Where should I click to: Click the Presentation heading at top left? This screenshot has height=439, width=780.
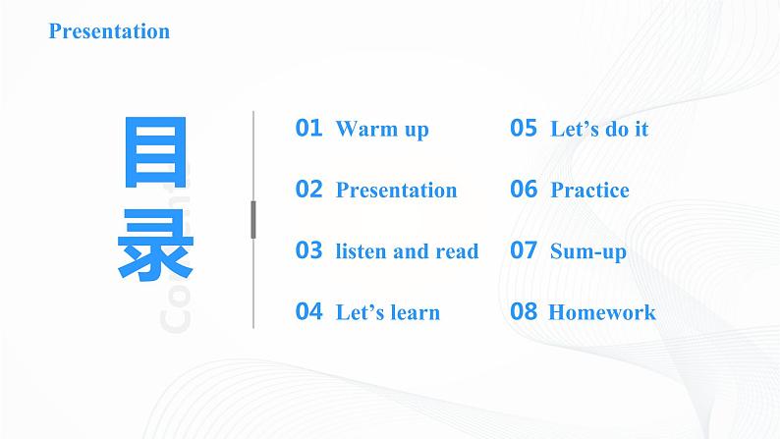click(109, 31)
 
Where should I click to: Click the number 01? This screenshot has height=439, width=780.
click(308, 128)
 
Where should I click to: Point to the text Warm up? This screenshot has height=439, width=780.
click(382, 130)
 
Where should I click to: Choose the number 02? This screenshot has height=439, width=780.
click(308, 190)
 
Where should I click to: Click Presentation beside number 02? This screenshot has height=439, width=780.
click(396, 191)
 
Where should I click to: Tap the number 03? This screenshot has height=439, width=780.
click(308, 250)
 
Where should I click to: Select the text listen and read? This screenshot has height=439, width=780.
click(407, 251)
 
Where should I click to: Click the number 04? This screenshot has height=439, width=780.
click(308, 312)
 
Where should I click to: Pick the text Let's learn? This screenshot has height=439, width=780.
click(387, 313)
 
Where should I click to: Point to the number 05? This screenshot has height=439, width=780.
click(524, 128)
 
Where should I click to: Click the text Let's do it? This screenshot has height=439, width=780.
click(599, 130)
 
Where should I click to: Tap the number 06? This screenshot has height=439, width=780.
click(524, 190)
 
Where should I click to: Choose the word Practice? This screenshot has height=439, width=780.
click(589, 191)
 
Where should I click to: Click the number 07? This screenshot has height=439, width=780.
click(524, 250)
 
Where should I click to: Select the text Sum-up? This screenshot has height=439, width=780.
click(587, 252)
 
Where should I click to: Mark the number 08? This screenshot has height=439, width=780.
click(524, 312)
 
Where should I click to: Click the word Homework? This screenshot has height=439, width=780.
click(601, 313)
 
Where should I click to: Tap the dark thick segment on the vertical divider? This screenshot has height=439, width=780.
click(253, 219)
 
